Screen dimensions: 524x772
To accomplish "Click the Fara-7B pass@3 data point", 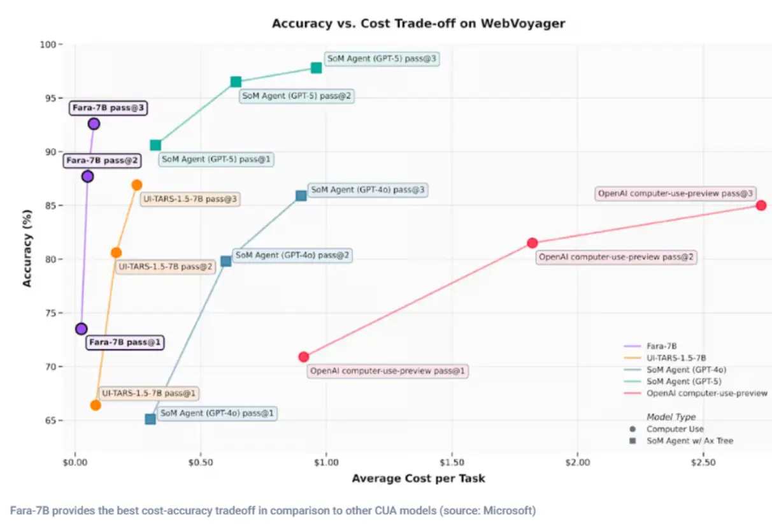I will (x=94, y=124).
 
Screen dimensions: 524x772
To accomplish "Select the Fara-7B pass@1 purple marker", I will (x=81, y=329).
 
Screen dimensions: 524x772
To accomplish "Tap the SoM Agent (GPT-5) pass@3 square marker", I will (x=316, y=68).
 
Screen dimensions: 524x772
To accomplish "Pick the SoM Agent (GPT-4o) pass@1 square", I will (x=150, y=419).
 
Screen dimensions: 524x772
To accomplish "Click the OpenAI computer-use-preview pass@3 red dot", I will (x=761, y=205).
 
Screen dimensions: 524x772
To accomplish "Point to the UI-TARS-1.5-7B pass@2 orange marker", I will (x=116, y=252).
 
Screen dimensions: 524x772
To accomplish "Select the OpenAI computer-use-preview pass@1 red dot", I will (x=304, y=357).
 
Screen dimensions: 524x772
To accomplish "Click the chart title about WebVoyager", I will (x=418, y=24).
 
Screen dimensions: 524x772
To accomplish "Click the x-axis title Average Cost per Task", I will (x=418, y=478).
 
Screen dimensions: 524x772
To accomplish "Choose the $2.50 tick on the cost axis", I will (x=703, y=462).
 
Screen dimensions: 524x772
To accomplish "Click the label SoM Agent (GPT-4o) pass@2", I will (x=292, y=255).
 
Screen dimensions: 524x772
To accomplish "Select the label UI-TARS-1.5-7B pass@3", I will (x=190, y=200).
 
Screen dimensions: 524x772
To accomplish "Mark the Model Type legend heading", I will (x=671, y=417).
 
